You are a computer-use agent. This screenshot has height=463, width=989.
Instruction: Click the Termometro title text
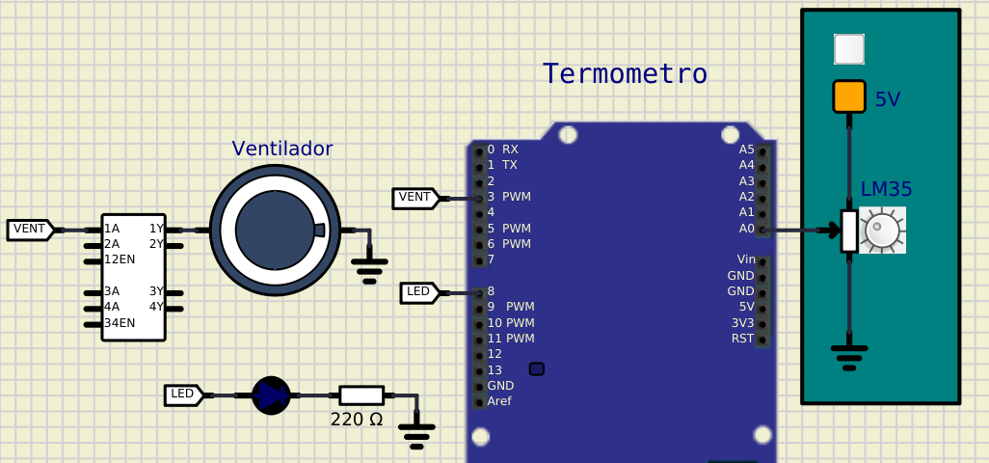click(x=625, y=74)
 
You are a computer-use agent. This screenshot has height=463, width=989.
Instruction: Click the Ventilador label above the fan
click(x=281, y=149)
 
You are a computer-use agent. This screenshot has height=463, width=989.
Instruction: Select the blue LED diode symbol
click(x=271, y=395)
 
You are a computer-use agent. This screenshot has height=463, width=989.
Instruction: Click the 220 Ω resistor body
click(x=361, y=395)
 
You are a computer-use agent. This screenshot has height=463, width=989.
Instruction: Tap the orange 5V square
click(x=849, y=96)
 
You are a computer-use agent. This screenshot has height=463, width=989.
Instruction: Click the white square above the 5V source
click(x=849, y=49)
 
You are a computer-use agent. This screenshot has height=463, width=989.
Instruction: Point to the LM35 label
click(x=886, y=190)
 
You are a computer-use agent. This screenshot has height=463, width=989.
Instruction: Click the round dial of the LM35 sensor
click(x=882, y=231)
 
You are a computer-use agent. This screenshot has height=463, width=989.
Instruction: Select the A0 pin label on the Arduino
click(x=746, y=229)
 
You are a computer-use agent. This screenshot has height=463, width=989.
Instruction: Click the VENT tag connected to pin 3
click(x=414, y=198)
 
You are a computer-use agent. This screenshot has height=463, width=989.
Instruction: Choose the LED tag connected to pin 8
click(x=418, y=291)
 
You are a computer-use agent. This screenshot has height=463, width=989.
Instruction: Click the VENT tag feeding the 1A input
click(x=29, y=230)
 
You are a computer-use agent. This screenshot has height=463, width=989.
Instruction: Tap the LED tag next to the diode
click(x=182, y=395)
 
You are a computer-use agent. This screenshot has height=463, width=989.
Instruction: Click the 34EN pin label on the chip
click(x=120, y=323)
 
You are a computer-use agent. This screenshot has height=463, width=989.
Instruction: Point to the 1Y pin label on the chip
click(x=156, y=229)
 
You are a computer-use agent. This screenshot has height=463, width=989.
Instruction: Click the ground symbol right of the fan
click(x=368, y=267)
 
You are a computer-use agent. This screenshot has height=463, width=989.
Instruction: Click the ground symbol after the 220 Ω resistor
click(x=416, y=434)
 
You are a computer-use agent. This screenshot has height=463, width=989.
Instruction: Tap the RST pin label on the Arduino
click(x=742, y=339)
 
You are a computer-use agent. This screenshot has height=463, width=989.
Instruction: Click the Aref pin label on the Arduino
click(x=499, y=401)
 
